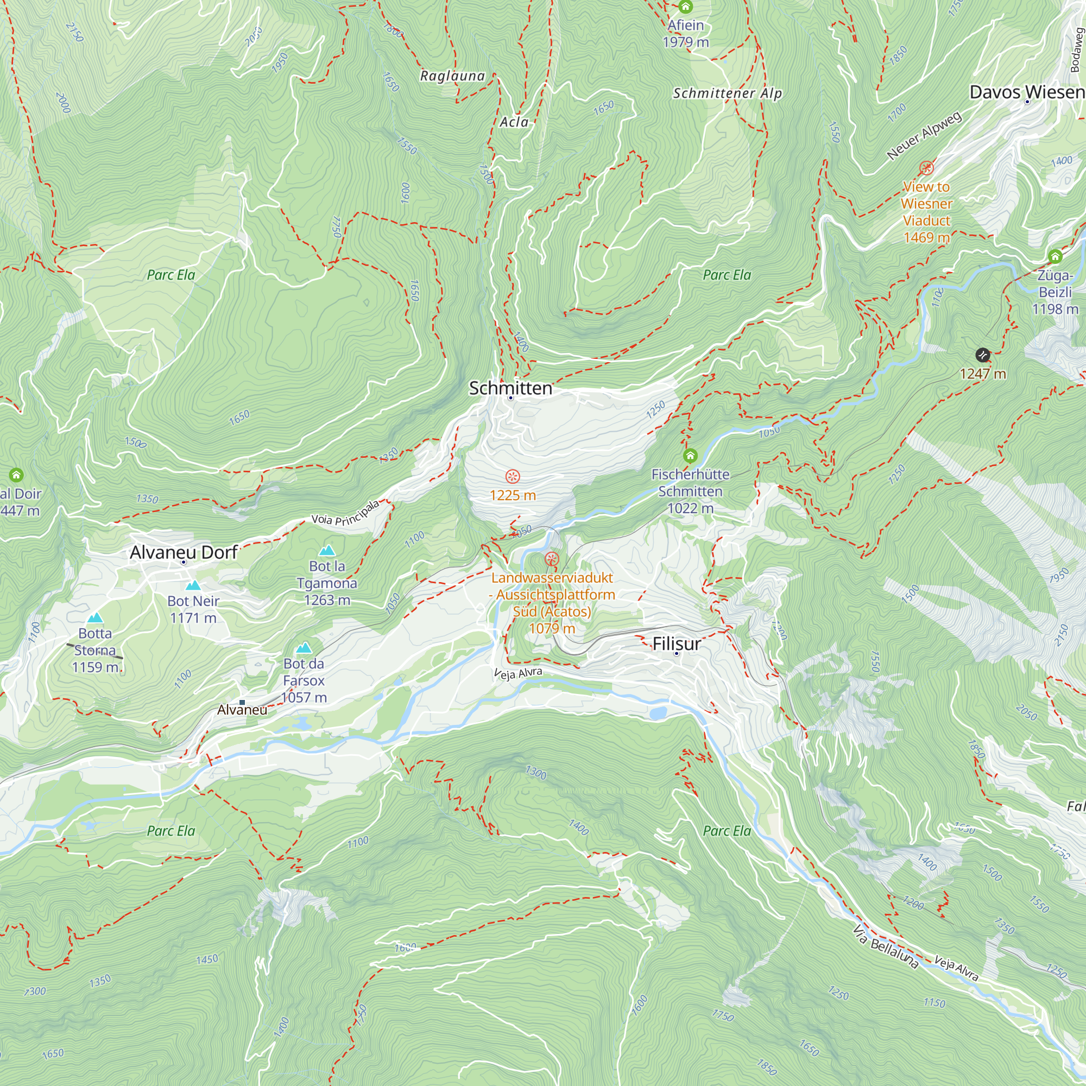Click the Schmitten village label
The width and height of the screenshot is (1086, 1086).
[x=510, y=388]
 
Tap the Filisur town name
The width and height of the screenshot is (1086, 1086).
[x=676, y=643]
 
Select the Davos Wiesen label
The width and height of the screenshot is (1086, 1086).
[x=1026, y=92]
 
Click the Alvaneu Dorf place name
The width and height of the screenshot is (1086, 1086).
[x=183, y=552]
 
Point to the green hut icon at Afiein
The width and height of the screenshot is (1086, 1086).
[x=685, y=7]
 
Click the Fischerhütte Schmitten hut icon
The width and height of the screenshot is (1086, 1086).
[x=690, y=456]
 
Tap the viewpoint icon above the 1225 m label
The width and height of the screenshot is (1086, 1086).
[x=512, y=477]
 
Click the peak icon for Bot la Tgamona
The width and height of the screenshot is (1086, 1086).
[x=327, y=550]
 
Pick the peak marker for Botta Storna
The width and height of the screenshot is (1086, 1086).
[x=95, y=618]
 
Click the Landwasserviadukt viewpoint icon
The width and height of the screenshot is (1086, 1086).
[x=552, y=559]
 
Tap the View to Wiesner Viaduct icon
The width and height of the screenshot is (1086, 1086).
[x=926, y=167]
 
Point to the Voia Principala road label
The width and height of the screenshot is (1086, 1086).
[x=346, y=513]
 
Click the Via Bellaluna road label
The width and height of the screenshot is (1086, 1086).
[x=886, y=947]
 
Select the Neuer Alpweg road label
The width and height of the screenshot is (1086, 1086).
[x=924, y=135]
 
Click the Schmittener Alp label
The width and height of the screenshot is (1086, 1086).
[x=728, y=93]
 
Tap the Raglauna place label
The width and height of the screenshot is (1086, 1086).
[x=452, y=76]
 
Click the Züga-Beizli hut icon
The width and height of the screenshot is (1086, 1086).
[x=1055, y=256]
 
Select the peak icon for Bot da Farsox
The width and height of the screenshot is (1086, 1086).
[x=304, y=648]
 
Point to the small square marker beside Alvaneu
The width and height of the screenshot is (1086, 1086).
[x=242, y=702]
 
